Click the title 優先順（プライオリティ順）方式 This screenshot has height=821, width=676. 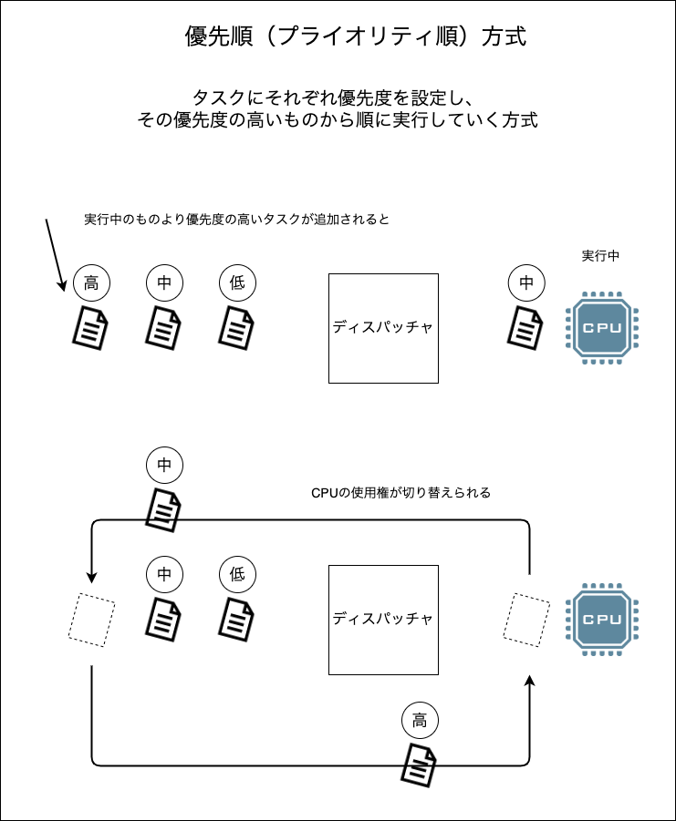click(355, 37)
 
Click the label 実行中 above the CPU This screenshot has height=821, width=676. click(600, 256)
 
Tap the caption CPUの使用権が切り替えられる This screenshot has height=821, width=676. click(401, 493)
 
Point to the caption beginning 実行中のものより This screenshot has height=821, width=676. click(236, 220)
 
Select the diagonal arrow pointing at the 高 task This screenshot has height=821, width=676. click(55, 254)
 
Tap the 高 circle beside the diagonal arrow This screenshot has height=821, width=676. click(91, 283)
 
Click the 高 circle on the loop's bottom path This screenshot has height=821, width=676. click(420, 721)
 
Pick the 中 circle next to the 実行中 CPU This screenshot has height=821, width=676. click(526, 283)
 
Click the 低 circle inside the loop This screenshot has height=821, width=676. click(237, 574)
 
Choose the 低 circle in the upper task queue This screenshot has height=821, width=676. click(237, 283)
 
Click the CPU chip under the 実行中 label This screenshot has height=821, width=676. click(601, 327)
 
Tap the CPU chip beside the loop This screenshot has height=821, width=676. click(601, 619)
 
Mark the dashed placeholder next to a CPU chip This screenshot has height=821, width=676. click(527, 620)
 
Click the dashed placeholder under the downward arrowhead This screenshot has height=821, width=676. click(92, 620)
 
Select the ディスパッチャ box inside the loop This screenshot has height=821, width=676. click(383, 620)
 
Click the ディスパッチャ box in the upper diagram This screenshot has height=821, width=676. click(383, 327)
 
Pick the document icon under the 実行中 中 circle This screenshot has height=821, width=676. click(526, 326)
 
